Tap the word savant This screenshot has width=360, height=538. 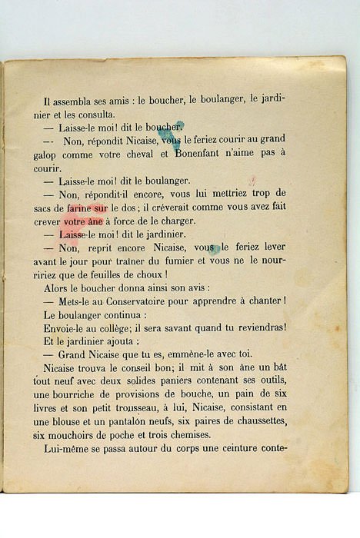(x=176, y=327)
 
